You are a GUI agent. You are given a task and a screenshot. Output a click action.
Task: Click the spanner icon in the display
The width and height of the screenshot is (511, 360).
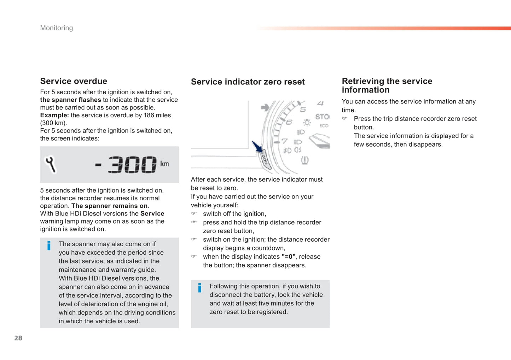click(x=51, y=164)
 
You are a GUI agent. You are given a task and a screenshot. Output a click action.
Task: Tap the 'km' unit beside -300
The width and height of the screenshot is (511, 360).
click(x=165, y=164)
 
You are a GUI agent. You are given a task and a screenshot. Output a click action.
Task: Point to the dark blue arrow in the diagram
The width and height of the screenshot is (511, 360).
click(x=257, y=147)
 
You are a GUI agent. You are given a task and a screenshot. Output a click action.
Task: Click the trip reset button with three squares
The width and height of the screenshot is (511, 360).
click(x=265, y=159)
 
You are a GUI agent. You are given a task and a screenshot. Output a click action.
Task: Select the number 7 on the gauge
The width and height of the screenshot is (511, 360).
click(x=285, y=141)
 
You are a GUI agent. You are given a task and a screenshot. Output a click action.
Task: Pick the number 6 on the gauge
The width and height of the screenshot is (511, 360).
click(x=289, y=122)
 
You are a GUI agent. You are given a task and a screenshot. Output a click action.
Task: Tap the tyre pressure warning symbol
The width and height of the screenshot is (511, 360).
click(x=304, y=160)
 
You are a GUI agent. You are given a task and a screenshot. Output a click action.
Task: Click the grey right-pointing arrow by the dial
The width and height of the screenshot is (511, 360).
click(x=265, y=107)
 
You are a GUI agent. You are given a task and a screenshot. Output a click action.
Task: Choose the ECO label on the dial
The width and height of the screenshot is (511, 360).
click(x=324, y=126)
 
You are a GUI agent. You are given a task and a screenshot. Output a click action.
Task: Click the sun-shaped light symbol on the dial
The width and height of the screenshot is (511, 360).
click(x=307, y=123)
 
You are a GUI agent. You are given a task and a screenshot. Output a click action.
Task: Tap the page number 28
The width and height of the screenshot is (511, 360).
click(x=18, y=338)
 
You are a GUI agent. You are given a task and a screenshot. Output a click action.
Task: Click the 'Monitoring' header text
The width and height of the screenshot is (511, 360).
click(x=57, y=28)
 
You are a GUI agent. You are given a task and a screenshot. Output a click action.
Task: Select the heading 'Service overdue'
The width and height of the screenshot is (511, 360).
click(x=74, y=81)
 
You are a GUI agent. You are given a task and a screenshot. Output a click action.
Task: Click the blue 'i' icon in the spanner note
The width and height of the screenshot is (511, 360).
click(x=49, y=246)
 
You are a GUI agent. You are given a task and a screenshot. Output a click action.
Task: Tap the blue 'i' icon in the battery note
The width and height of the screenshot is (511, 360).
click(x=200, y=288)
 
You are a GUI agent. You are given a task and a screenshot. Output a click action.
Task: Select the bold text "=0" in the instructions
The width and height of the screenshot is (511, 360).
click(x=288, y=257)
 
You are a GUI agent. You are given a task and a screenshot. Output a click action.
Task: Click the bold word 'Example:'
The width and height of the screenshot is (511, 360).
click(x=54, y=115)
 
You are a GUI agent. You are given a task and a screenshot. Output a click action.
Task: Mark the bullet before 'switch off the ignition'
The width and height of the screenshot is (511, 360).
click(x=194, y=214)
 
